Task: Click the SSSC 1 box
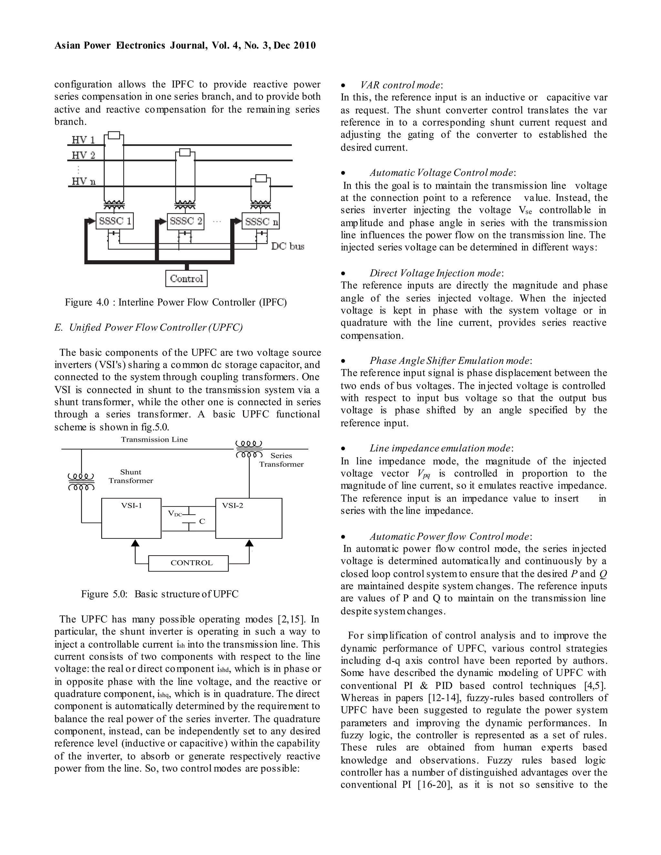114,221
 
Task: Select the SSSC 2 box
186,221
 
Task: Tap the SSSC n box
261,222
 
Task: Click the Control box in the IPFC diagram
187,279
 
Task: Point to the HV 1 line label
83,140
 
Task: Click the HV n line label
83,181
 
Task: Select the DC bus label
288,246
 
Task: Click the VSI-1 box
131,518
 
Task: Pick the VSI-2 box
249,518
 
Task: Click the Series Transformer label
281,459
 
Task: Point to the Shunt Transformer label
131,476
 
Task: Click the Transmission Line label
154,439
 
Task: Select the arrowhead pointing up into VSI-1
135,543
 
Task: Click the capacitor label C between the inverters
202,521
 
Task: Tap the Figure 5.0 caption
160,594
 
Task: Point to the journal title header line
185,45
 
